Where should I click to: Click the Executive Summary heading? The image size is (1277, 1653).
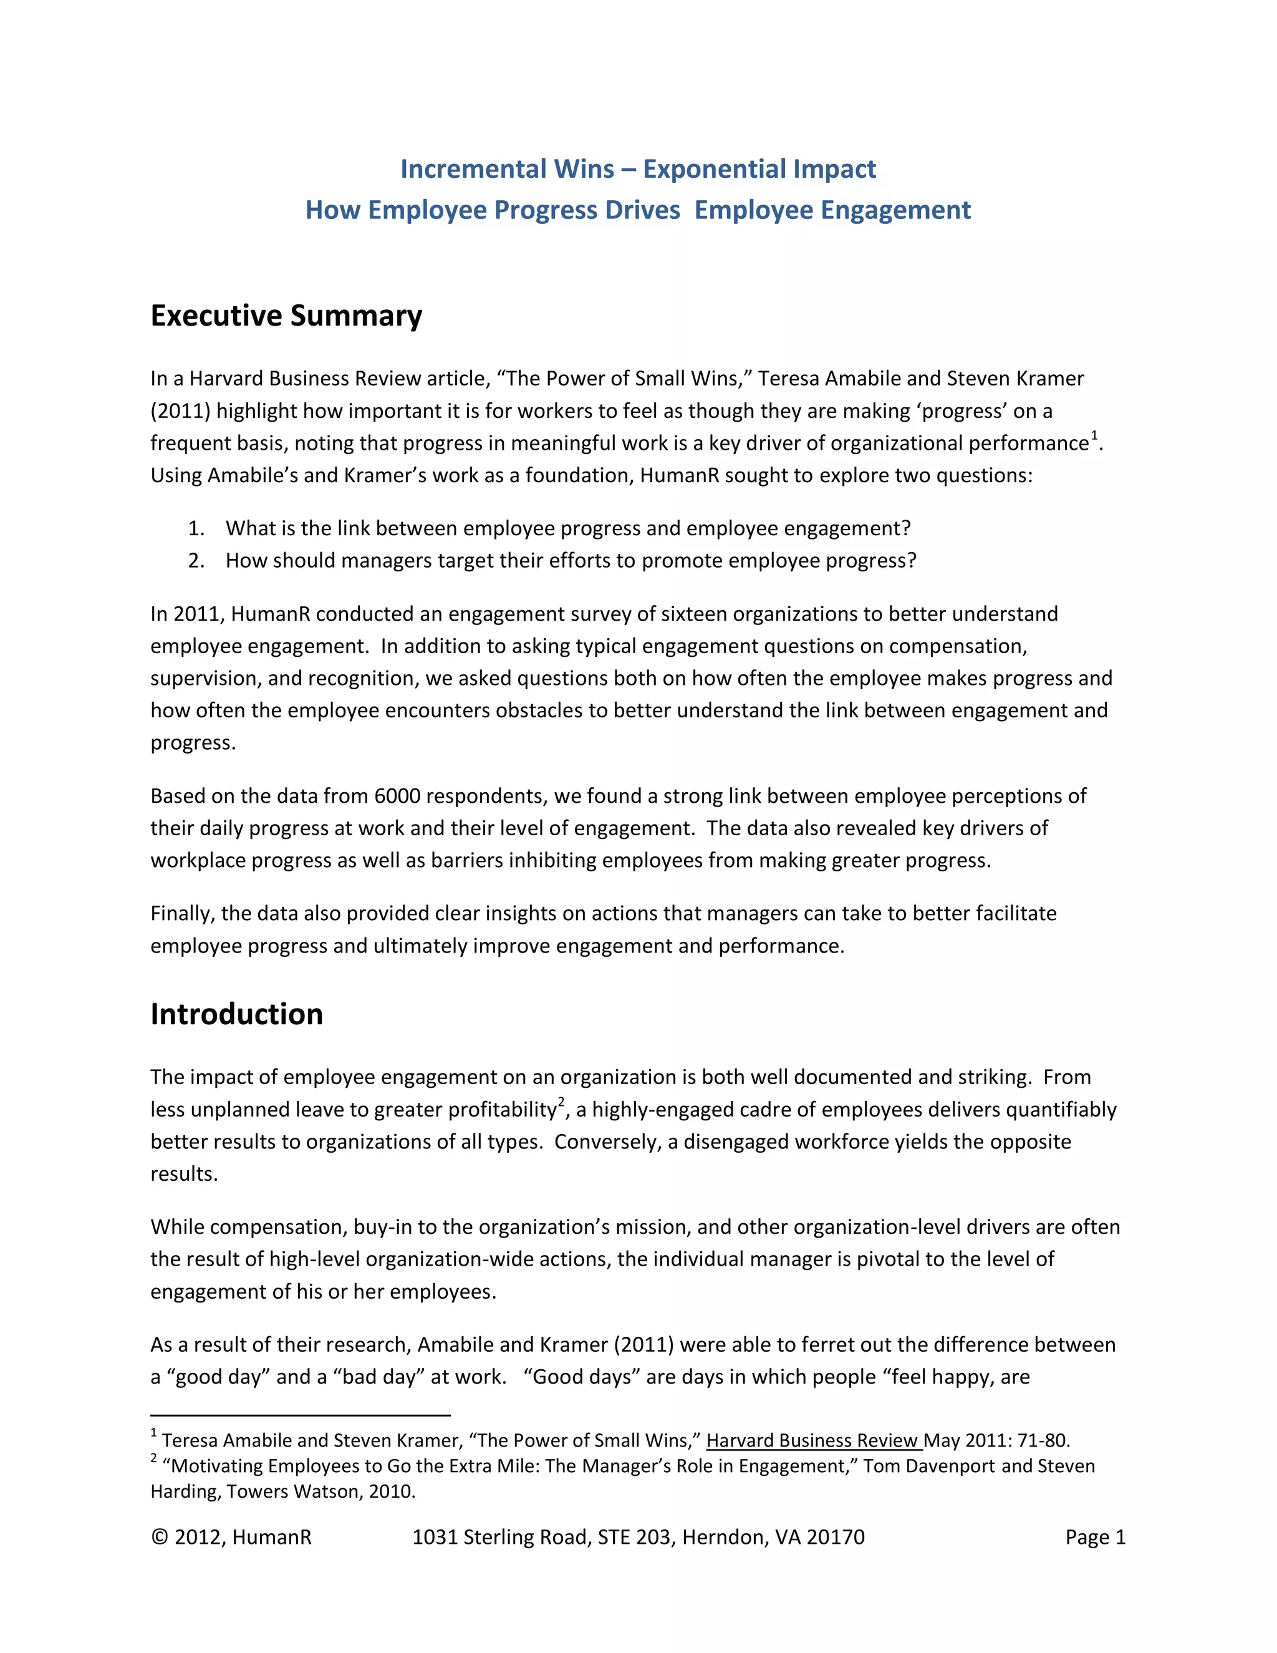tap(286, 316)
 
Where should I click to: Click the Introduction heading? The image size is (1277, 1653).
tap(236, 1014)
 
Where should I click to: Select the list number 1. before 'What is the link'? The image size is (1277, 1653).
tap(196, 528)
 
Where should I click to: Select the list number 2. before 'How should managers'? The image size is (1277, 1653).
tap(196, 561)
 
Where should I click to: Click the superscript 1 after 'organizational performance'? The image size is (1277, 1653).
tap(1094, 435)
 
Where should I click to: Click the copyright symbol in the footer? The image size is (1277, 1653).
tap(159, 1537)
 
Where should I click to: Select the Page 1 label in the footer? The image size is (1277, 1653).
tap(1095, 1537)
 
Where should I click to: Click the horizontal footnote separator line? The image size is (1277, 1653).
tap(301, 1415)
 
